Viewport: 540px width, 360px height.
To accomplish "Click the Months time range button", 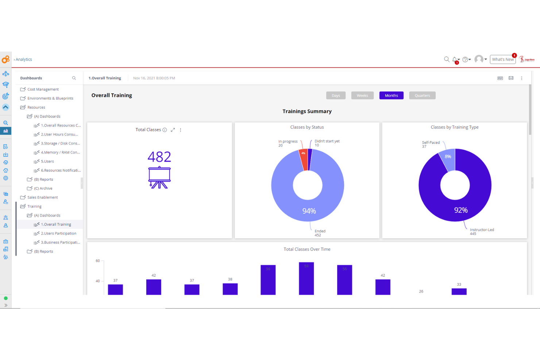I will pyautogui.click(x=391, y=96).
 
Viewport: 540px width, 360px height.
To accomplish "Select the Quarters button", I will pyautogui.click(x=422, y=96).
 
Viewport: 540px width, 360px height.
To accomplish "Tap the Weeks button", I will pyautogui.click(x=362, y=96).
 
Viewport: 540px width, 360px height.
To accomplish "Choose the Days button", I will pyautogui.click(x=336, y=96).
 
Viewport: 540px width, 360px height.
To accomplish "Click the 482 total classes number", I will pyautogui.click(x=159, y=157).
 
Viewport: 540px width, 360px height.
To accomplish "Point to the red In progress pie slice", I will pyautogui.click(x=304, y=160).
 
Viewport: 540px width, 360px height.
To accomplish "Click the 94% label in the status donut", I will pyautogui.click(x=309, y=211).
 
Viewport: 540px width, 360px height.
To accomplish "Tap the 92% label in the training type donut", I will pyautogui.click(x=461, y=210).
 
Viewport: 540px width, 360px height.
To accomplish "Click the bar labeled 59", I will pyautogui.click(x=306, y=278).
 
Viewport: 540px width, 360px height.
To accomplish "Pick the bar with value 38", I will pyautogui.click(x=230, y=289).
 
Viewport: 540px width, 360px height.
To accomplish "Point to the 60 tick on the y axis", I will pyautogui.click(x=98, y=261).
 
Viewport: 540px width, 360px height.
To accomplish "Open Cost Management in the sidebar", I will pyautogui.click(x=43, y=89).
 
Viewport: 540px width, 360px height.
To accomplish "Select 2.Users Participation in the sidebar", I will pyautogui.click(x=58, y=233).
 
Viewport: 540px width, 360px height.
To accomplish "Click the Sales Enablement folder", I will pyautogui.click(x=42, y=197).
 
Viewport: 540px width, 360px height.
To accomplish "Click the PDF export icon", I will pyautogui.click(x=500, y=78).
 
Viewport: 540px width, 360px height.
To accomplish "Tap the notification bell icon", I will pyautogui.click(x=455, y=59).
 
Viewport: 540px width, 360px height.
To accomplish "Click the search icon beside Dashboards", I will pyautogui.click(x=74, y=78).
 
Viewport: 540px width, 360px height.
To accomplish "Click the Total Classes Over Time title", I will pyautogui.click(x=307, y=249).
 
